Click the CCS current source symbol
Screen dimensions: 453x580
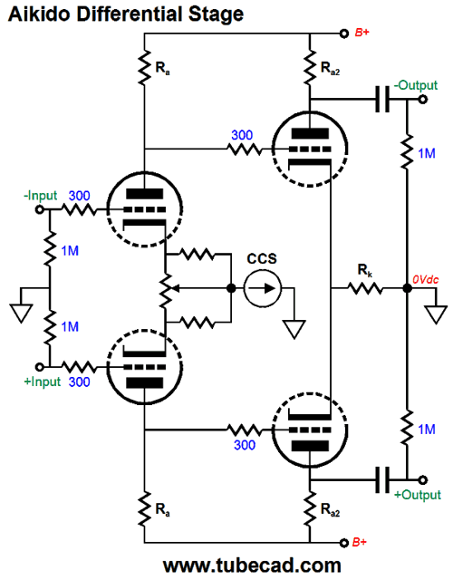point(262,288)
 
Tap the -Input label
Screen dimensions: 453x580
point(40,196)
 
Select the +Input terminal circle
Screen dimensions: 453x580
point(40,367)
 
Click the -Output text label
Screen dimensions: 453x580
point(416,85)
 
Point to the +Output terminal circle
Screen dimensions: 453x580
point(423,479)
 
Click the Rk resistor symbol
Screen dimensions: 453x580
point(365,288)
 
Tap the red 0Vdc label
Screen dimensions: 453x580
point(425,279)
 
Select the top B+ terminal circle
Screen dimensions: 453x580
point(344,34)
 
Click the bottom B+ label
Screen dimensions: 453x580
point(360,542)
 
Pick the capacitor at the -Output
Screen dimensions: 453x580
point(382,99)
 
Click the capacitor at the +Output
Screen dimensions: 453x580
point(382,479)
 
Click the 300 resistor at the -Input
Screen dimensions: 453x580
point(79,210)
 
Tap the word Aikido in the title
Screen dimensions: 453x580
point(40,14)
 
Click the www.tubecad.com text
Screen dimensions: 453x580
point(252,565)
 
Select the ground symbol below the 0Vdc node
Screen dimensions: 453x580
point(437,314)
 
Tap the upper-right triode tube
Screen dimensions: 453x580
point(310,149)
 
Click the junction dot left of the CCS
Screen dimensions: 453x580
point(231,288)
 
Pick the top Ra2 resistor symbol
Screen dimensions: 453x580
point(310,67)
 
